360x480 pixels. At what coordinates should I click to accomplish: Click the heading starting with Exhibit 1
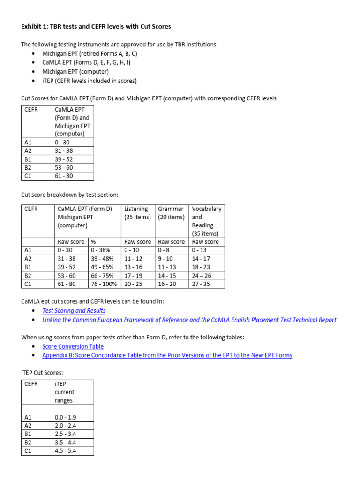click(x=96, y=26)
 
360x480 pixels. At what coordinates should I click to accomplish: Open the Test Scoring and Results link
click(x=74, y=311)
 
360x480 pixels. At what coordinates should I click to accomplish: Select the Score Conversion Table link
click(x=73, y=346)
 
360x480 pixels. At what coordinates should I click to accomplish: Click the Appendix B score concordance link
click(x=167, y=355)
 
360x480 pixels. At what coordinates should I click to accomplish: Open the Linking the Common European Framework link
click(x=189, y=320)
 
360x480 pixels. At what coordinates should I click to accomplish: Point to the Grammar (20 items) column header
click(x=171, y=213)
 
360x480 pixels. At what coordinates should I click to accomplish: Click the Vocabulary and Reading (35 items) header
click(x=206, y=221)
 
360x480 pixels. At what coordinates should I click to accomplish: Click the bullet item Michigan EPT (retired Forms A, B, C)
click(x=90, y=54)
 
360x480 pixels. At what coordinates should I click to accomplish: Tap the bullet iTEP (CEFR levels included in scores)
click(x=89, y=81)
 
